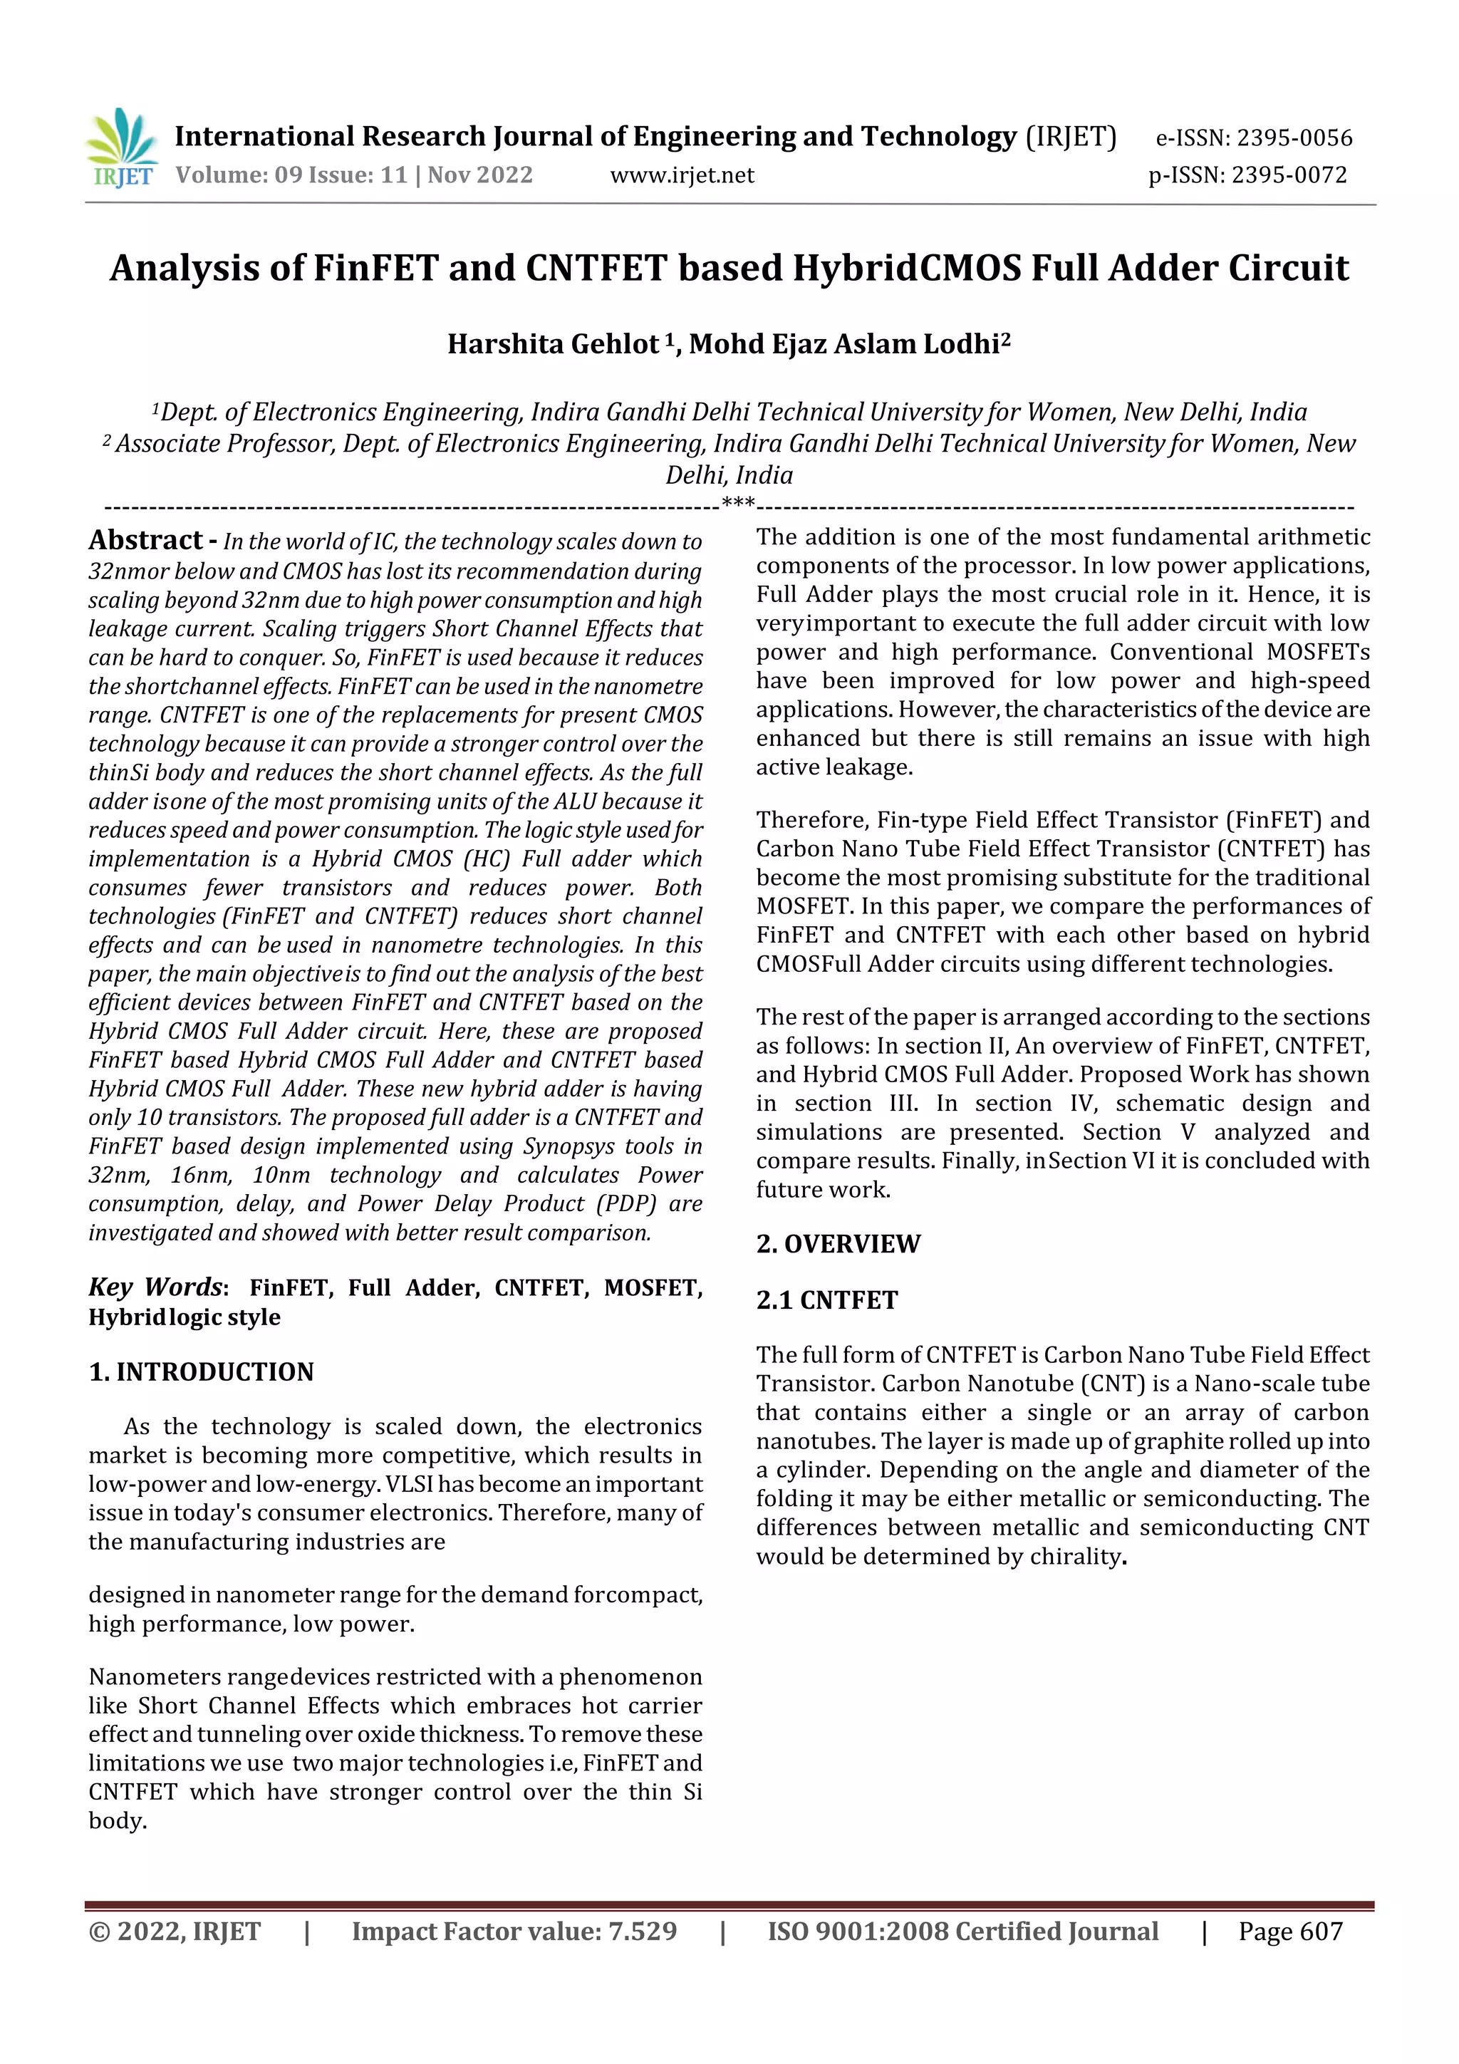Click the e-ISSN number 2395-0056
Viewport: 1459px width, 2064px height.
click(x=1294, y=138)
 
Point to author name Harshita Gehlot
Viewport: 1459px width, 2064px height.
click(x=553, y=344)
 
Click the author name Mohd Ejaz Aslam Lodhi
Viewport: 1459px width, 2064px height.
click(x=844, y=344)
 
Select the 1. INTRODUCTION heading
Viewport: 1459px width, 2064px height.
click(x=202, y=1371)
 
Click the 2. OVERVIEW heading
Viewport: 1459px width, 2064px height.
click(x=838, y=1244)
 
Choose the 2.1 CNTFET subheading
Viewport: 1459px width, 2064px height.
click(x=826, y=1301)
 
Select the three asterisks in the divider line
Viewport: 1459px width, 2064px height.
click(x=737, y=502)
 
